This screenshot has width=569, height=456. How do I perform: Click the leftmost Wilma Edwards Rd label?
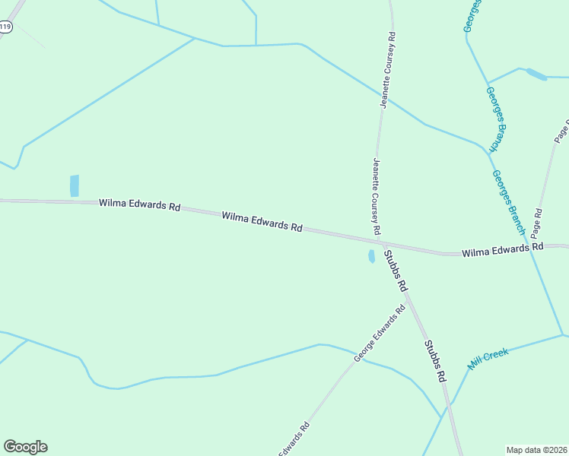coord(139,205)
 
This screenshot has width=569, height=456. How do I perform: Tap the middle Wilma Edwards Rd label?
coord(262,222)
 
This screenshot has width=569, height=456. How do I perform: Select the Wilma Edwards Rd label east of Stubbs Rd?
coord(502,249)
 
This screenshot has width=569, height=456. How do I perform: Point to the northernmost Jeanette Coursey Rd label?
coord(388,70)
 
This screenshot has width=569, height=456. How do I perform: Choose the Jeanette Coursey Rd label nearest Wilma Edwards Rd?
coord(376,196)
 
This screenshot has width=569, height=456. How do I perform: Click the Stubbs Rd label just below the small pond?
coord(396,272)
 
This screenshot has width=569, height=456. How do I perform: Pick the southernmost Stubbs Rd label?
coord(434,360)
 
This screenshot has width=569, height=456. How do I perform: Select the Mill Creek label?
coord(488,358)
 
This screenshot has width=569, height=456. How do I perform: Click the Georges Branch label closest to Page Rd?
coord(508,201)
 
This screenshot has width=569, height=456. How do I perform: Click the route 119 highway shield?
coord(6,27)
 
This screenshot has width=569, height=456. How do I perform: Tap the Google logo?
coord(25,447)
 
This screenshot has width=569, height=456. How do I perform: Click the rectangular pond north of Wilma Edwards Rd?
coord(75,186)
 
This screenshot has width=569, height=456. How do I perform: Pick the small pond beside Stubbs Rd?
coord(371,257)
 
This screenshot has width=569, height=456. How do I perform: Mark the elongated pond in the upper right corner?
coord(536,74)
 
